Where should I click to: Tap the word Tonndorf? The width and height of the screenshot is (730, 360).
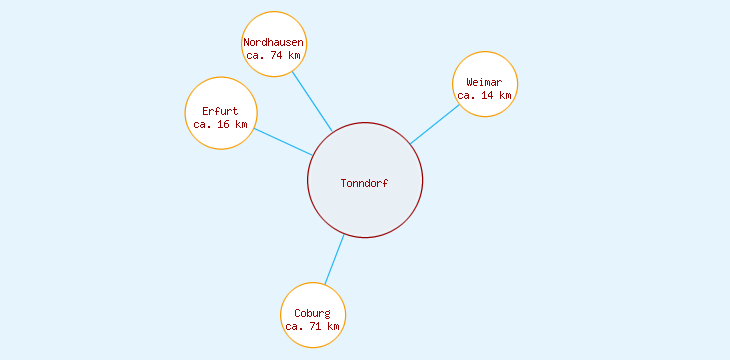point(365,184)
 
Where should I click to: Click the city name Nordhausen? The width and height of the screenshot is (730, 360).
point(274,42)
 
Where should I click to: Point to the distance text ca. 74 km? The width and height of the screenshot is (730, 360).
point(274,56)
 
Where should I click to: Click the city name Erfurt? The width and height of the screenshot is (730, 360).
point(220,111)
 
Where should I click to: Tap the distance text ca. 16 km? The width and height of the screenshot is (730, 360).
point(220,125)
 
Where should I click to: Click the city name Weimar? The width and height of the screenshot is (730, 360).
point(485,82)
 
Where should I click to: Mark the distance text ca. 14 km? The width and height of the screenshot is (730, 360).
point(485,96)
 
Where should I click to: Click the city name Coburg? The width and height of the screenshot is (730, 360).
point(313,313)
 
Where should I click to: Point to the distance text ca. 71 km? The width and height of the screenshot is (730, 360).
point(313,327)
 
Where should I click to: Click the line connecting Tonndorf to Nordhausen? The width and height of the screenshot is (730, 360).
point(312,101)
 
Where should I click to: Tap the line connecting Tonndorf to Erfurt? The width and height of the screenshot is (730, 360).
point(282,141)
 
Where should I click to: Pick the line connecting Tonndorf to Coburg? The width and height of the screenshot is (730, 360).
point(335,259)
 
